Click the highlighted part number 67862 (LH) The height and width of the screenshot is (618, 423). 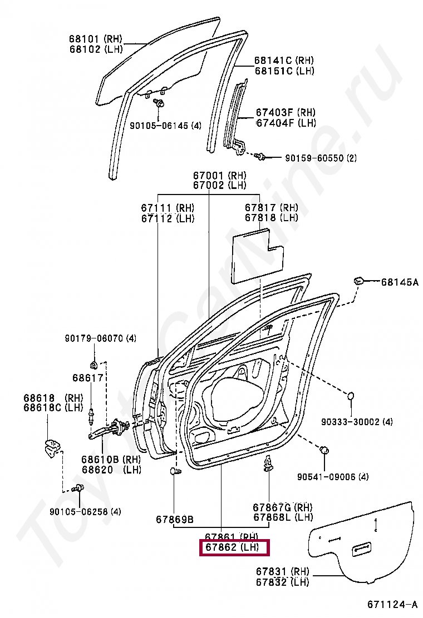click(x=234, y=548)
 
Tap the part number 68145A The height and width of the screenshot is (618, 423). click(x=399, y=282)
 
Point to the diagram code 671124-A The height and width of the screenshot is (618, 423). click(x=392, y=604)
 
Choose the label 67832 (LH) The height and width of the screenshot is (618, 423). click(x=283, y=582)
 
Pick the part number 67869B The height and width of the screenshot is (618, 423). click(x=174, y=520)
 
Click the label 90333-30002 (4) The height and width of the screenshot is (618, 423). click(x=356, y=422)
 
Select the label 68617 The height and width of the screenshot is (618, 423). click(x=87, y=378)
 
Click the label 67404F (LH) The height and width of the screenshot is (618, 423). click(x=286, y=123)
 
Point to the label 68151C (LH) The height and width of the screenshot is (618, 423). click(x=284, y=71)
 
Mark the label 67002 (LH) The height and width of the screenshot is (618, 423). click(x=219, y=185)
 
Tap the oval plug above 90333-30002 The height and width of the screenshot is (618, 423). click(x=351, y=396)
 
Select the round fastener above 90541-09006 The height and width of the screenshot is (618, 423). click(x=324, y=450)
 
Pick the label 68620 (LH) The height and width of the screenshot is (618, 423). click(x=111, y=470)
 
